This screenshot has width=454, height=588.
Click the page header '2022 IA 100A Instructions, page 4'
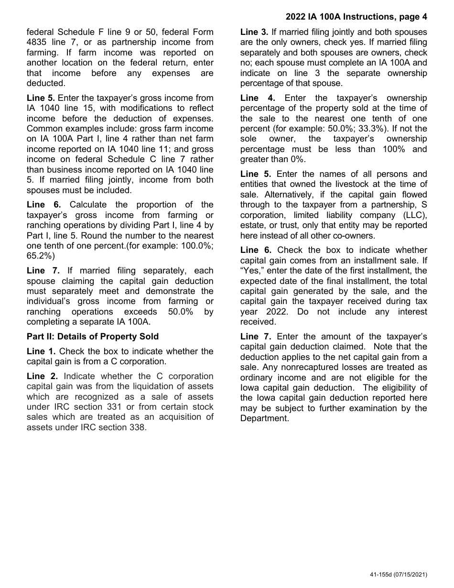(x=356, y=17)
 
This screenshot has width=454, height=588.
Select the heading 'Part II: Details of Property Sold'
(x=92, y=336)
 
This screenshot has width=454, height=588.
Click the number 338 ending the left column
(x=136, y=427)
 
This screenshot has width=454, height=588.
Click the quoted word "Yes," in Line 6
(x=253, y=271)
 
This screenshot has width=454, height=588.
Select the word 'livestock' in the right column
(x=330, y=185)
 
